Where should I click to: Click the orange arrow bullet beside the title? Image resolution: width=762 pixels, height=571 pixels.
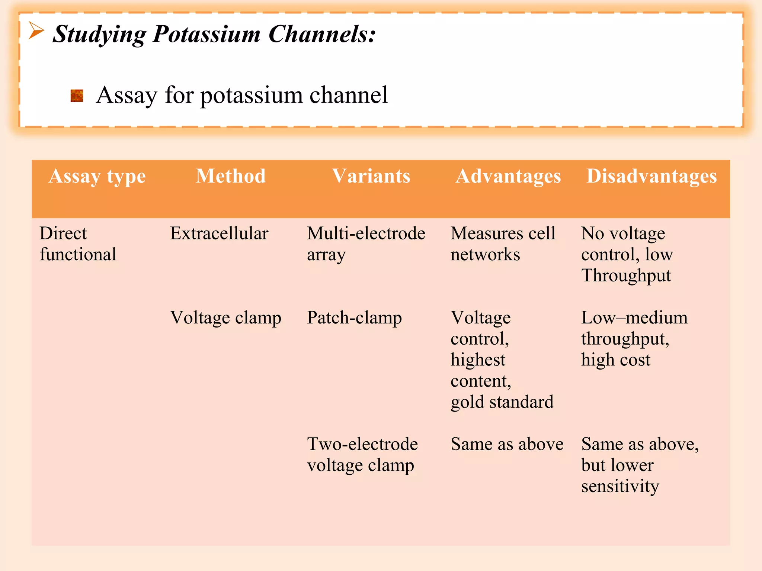36,30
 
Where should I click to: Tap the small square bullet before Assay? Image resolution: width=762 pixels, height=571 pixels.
77,96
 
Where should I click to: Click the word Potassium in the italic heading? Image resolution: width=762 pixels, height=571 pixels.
206,34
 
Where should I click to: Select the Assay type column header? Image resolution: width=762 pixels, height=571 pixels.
97,176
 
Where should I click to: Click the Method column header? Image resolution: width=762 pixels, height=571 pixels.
231,176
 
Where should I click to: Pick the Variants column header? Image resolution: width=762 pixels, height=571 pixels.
371,176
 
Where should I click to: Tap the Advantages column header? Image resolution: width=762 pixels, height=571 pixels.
508,176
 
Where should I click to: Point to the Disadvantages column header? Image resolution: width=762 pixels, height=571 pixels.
651,176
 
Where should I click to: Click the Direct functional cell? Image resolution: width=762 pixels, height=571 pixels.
78,244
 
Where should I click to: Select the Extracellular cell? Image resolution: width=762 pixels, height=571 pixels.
219,233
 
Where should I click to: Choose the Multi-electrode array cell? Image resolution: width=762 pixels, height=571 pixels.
366,244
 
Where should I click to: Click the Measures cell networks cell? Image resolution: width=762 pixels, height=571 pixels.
503,244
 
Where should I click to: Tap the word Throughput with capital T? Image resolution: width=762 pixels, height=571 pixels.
626,276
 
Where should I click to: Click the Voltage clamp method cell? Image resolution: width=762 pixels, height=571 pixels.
225,318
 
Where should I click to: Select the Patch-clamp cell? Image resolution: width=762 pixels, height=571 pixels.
354,318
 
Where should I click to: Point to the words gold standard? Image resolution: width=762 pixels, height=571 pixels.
502,402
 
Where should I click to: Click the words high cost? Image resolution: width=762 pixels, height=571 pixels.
616,360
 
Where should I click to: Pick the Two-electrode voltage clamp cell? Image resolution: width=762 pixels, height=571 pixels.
362,455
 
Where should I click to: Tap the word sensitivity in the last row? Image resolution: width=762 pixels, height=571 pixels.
620,486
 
